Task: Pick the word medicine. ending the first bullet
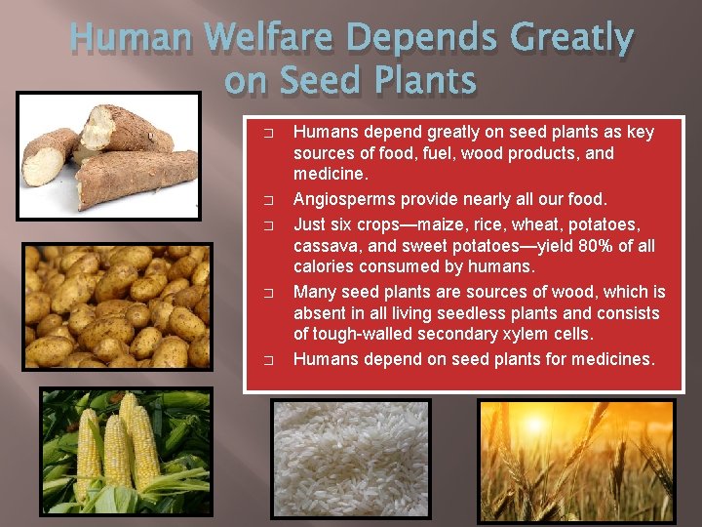331,174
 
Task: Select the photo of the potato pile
117,305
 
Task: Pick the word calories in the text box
328,266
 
